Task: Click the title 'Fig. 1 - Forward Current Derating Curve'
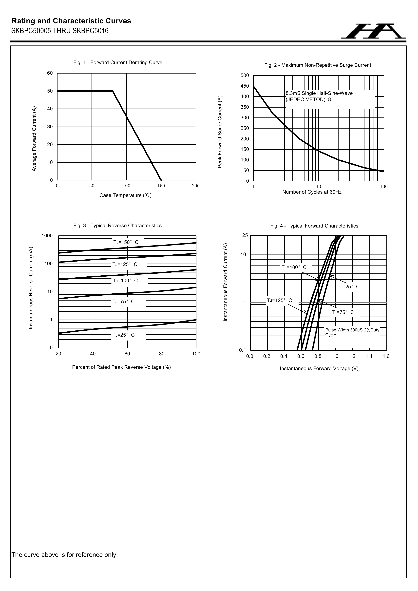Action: point(118,63)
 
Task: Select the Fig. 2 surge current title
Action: point(317,65)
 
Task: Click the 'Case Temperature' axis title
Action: point(125,195)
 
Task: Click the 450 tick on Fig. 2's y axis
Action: point(245,86)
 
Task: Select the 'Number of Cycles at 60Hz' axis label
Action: point(312,192)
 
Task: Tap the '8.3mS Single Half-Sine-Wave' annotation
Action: point(319,93)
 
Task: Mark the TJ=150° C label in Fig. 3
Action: point(126,242)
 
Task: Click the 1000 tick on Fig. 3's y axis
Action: point(47,236)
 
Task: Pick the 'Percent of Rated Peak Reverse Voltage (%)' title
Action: point(121,367)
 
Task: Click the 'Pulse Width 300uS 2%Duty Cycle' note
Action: point(352,332)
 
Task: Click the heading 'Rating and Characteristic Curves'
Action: point(71,21)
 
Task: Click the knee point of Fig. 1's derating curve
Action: point(113,91)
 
